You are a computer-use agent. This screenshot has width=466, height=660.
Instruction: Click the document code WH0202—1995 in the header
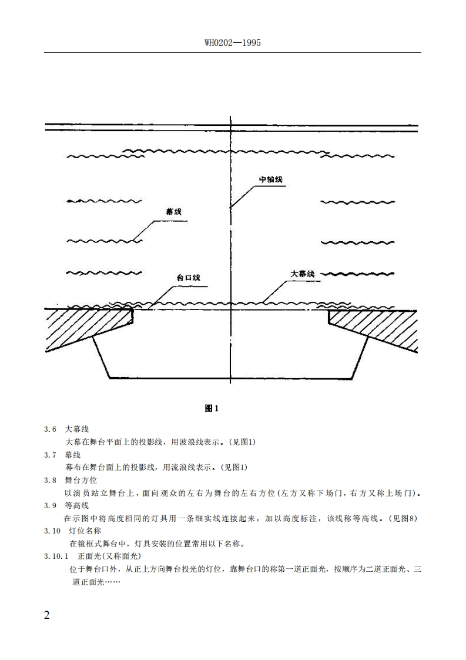[233, 43]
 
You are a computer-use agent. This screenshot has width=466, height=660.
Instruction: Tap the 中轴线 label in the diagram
[272, 179]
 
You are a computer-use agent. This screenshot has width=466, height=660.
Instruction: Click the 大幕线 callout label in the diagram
[303, 274]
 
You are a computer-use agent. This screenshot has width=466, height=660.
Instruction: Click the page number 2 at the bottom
[48, 616]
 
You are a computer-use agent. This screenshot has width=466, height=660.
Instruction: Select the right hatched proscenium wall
[376, 326]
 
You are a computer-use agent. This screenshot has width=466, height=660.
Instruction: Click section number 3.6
[50, 429]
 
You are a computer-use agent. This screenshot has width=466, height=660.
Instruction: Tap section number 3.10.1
[56, 556]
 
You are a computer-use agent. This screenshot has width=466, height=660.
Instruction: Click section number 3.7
[50, 455]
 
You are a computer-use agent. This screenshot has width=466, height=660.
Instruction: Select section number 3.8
[50, 480]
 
